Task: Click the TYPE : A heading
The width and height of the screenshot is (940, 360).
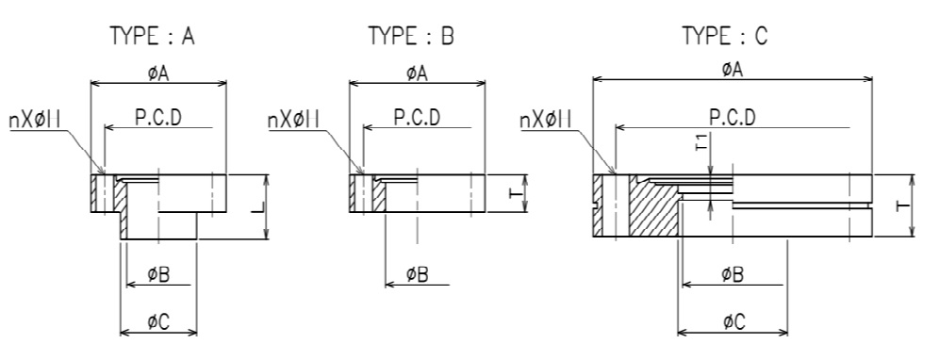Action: [153, 37]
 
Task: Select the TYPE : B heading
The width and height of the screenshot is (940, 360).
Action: [411, 37]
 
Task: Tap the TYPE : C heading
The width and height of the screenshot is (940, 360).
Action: [725, 37]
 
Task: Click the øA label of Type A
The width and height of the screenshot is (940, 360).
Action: [158, 74]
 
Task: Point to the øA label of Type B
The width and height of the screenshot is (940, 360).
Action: [417, 74]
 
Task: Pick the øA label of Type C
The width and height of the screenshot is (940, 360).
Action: [732, 70]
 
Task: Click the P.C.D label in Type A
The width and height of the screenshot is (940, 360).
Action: [157, 118]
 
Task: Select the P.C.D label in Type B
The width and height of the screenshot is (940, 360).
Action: [417, 118]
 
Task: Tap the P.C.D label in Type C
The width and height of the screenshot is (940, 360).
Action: [732, 118]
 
